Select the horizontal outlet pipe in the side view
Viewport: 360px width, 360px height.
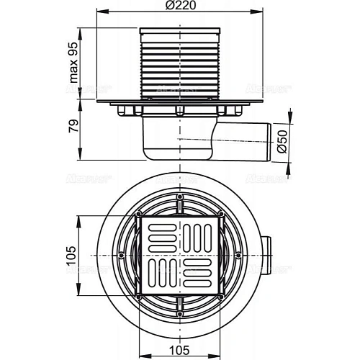click(245, 138)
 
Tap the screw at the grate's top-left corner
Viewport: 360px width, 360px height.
click(138, 215)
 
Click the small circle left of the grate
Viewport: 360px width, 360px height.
click(119, 256)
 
